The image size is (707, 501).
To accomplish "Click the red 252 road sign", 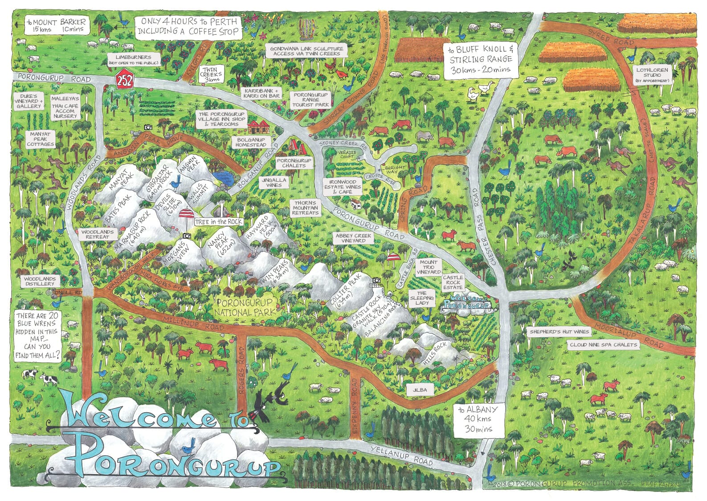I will tap(123, 82).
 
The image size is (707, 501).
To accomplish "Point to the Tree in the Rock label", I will tap(218, 222).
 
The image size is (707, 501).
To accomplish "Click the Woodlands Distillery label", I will tap(40, 281).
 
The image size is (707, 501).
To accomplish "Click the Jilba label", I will tap(420, 389).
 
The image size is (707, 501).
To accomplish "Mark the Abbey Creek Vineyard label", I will tap(354, 238).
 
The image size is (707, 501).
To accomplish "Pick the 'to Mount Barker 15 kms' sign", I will tap(56, 25).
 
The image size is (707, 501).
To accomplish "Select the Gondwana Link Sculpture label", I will tap(307, 51).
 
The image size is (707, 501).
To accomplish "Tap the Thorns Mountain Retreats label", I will tap(305, 208).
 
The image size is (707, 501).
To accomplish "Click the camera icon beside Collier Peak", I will tap(376, 280).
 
